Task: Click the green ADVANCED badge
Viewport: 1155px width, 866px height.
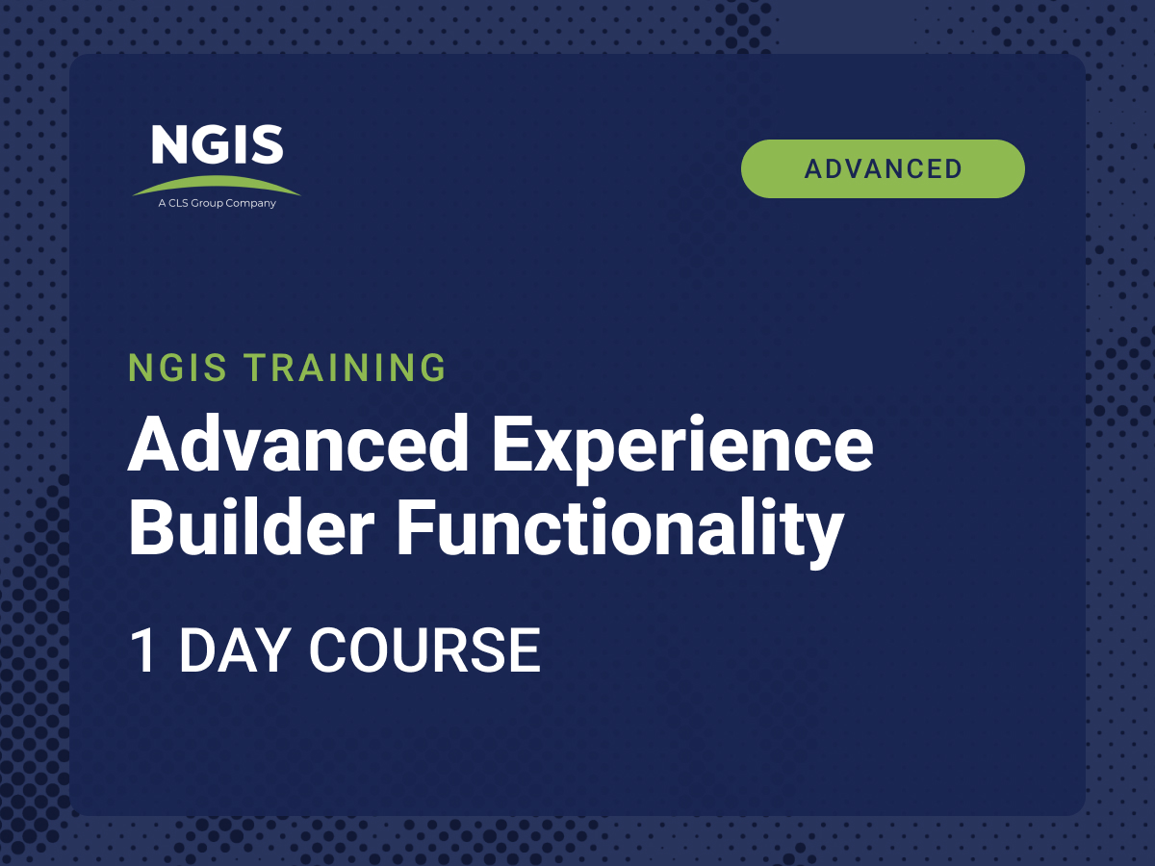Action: [883, 168]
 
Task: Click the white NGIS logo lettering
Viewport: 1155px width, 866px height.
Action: [218, 144]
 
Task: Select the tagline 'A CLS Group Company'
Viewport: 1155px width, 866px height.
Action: [217, 203]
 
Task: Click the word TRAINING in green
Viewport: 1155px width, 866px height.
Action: [345, 367]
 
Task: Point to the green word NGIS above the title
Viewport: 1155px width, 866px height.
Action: [177, 367]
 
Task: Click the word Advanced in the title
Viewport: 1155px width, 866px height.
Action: [297, 445]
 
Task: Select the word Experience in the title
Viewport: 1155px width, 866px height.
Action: [682, 448]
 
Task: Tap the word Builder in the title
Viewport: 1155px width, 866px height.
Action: [251, 527]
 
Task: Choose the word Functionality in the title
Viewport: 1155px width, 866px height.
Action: [621, 532]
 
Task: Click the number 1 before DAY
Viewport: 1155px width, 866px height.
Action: [142, 649]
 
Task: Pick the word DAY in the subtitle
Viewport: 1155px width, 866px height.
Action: [235, 649]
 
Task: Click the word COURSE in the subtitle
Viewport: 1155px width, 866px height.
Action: [425, 649]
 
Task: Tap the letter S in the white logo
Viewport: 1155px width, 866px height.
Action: [268, 144]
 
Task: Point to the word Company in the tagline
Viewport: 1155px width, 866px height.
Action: [250, 203]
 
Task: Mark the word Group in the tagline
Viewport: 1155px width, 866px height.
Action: [207, 203]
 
